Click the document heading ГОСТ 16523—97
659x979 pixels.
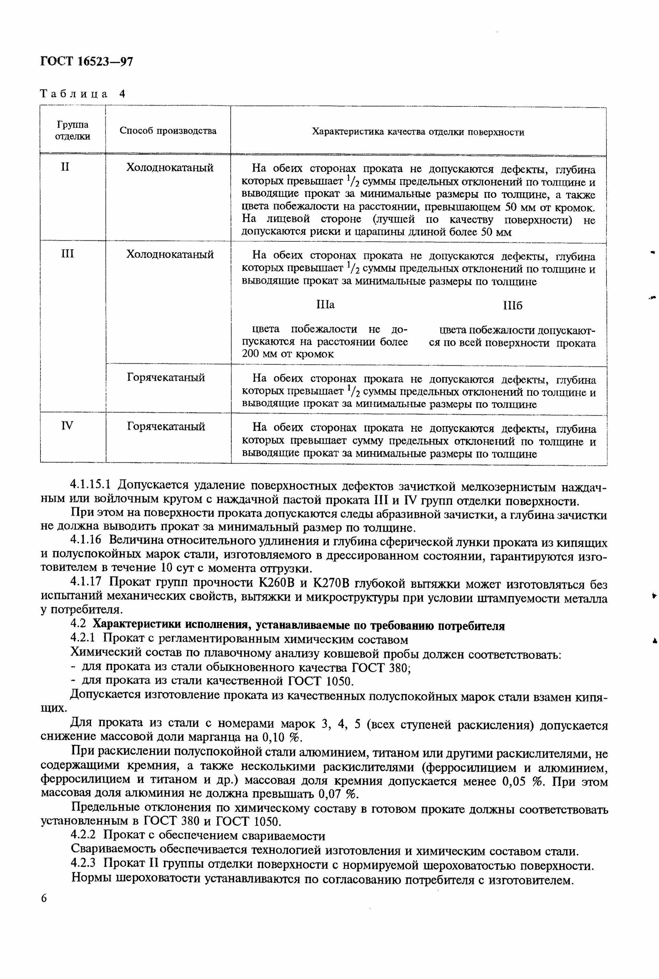[x=86, y=62]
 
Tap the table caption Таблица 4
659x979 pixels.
[x=82, y=93]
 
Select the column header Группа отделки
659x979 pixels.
[x=73, y=131]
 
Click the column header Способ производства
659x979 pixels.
[x=168, y=131]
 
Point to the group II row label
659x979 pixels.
[x=65, y=167]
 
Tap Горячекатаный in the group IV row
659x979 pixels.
[x=166, y=426]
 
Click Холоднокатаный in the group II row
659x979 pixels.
[x=170, y=168]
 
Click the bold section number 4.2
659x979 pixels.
[x=79, y=626]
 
